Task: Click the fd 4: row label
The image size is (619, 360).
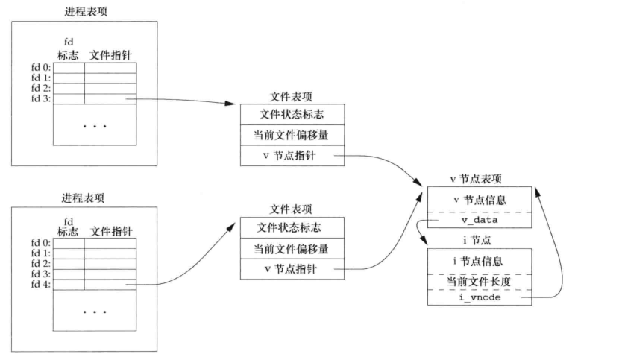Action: [39, 285]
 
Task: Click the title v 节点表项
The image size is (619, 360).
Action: [475, 179]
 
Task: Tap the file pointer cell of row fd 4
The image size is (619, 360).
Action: [110, 285]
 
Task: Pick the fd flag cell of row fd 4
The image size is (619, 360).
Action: [69, 285]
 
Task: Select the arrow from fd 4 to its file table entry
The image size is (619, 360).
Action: [186, 268]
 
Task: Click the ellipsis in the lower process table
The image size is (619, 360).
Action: [95, 311]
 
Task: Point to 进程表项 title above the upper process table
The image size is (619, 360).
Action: [83, 10]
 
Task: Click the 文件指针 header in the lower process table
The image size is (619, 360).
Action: [111, 232]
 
